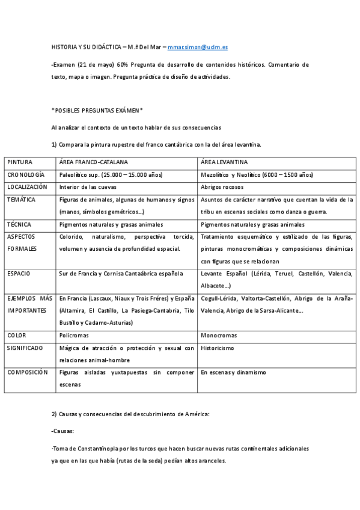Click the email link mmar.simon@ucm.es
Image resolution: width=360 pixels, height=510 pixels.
(x=198, y=46)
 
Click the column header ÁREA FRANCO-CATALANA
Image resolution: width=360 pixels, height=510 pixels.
(x=93, y=162)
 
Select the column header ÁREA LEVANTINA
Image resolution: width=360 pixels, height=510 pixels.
(x=224, y=162)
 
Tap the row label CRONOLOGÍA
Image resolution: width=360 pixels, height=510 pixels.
(x=26, y=175)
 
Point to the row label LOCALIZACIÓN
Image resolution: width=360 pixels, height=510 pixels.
(x=27, y=187)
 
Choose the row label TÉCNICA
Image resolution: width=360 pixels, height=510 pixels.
(x=19, y=224)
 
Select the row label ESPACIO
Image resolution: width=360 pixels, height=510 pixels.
(x=19, y=274)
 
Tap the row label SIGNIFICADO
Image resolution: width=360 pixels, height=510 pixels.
(x=25, y=348)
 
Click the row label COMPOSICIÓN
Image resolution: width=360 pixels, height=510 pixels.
(x=27, y=372)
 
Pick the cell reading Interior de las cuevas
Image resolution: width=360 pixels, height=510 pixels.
(x=88, y=187)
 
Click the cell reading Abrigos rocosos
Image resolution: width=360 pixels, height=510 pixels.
(x=222, y=187)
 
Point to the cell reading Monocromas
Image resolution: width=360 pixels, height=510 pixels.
(x=219, y=335)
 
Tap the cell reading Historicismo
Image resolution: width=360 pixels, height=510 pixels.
(x=218, y=348)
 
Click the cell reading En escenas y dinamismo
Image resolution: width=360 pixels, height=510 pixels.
(x=233, y=372)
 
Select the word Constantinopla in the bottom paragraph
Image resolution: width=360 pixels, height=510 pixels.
(x=95, y=449)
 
